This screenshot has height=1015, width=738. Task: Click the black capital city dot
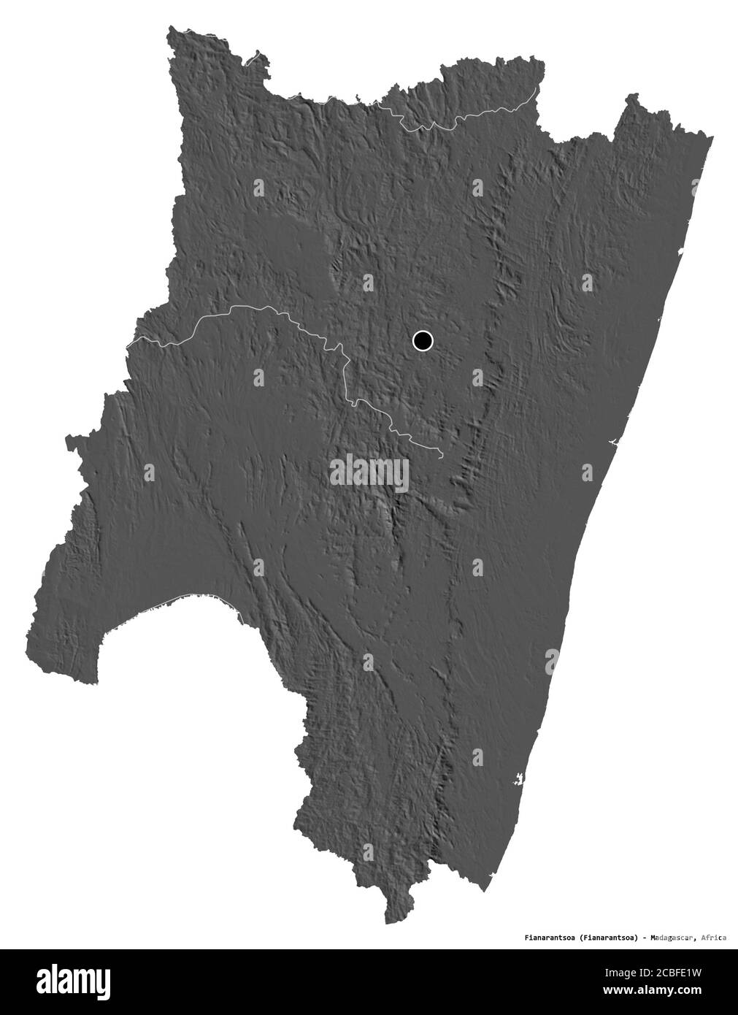click(x=423, y=340)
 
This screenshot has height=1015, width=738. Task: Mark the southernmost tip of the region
click(x=388, y=922)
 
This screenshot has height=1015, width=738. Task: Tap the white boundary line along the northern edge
click(x=467, y=117)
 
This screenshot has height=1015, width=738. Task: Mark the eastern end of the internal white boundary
click(x=442, y=456)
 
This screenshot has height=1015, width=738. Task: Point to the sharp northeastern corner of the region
click(x=712, y=137)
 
